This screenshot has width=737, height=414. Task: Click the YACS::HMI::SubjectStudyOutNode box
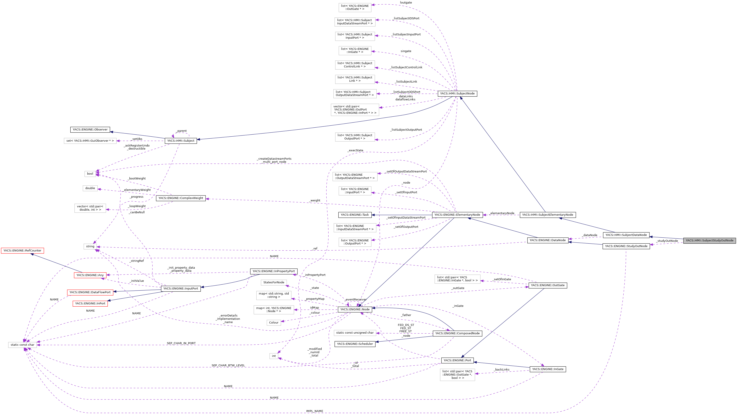(709, 240)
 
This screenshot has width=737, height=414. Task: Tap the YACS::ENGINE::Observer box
(90, 130)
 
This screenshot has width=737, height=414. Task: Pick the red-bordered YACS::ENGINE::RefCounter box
(22, 251)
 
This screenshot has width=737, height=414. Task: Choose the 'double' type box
(90, 188)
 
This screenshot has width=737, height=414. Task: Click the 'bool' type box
(90, 174)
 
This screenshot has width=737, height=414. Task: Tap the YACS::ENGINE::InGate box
(548, 369)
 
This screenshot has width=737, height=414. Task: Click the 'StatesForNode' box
(274, 282)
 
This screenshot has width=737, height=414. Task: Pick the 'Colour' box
(274, 323)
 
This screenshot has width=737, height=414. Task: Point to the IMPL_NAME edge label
(314, 411)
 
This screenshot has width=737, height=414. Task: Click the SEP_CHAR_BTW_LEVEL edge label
(228, 366)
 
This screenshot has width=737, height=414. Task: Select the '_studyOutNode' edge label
(667, 241)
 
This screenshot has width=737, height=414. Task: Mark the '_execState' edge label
(355, 150)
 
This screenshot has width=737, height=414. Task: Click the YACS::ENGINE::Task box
(355, 215)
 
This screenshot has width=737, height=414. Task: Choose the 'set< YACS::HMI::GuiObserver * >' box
(90, 141)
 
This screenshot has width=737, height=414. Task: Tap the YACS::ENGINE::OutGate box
(548, 285)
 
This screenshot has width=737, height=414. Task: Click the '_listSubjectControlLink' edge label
(406, 67)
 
